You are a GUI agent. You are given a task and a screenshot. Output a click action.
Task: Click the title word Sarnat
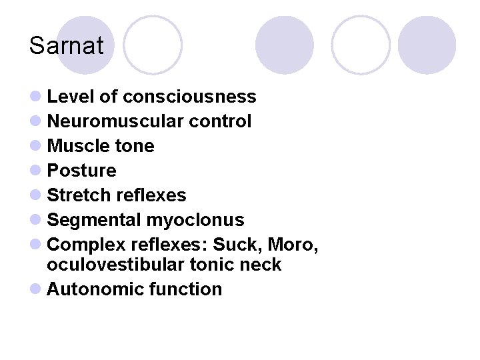coord(67,46)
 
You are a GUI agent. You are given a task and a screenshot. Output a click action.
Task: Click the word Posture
coord(81,171)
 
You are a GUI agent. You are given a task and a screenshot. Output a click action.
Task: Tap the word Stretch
coord(79,195)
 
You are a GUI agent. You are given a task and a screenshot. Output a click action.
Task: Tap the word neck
coord(261,265)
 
